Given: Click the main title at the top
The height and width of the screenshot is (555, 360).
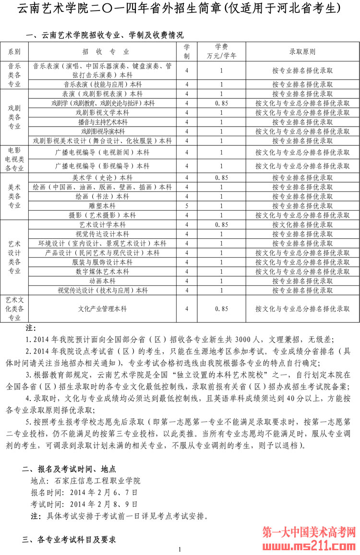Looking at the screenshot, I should (179, 9).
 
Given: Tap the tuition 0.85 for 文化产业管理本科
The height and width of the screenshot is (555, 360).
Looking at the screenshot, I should (221, 309).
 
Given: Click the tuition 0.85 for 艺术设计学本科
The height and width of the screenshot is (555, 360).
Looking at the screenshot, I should (221, 224).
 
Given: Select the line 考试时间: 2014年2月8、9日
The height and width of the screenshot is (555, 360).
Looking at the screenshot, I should (84, 504).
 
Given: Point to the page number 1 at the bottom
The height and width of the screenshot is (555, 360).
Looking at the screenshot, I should (179, 549).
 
